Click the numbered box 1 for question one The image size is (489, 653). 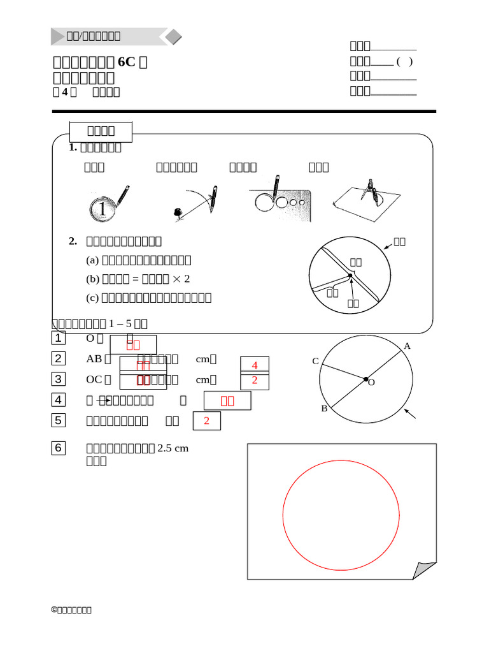58,338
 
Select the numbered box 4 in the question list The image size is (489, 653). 58,400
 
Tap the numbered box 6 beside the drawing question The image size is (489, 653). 58,448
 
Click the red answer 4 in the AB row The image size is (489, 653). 255,365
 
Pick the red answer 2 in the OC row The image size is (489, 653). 255,380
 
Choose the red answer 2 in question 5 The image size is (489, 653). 206,421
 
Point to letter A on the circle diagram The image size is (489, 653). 407,346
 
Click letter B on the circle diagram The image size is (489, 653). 324,409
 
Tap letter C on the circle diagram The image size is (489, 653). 315,361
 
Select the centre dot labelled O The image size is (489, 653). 366,379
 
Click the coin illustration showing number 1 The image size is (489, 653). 102,209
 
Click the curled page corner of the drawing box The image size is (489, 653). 423,570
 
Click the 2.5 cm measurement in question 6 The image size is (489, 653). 173,448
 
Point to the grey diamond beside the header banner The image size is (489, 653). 170,37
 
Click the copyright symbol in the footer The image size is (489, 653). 54,610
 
